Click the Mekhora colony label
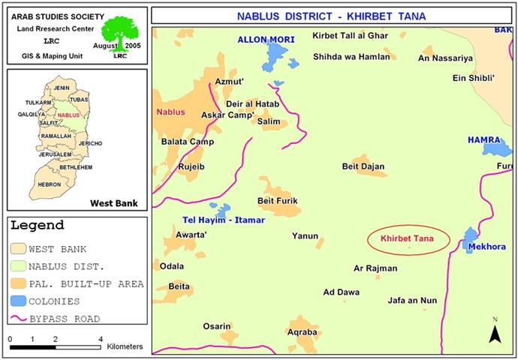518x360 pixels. [486, 246]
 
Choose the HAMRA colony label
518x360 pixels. [483, 139]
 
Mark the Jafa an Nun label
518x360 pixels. [412, 301]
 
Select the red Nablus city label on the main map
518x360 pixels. [170, 112]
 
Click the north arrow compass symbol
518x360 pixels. [495, 331]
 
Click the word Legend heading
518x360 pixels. [38, 225]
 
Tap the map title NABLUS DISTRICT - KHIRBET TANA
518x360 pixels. [331, 15]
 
